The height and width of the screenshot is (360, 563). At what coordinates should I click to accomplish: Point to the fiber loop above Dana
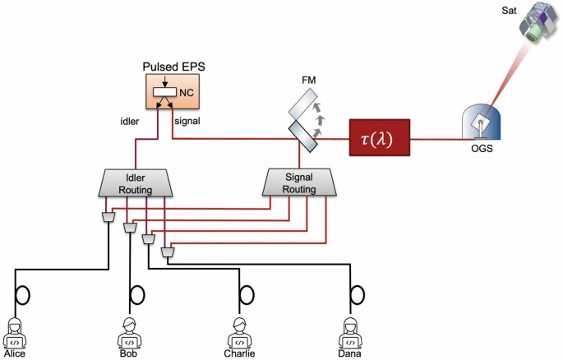pyautogui.click(x=357, y=293)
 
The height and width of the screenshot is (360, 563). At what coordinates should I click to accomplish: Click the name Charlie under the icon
pyautogui.click(x=239, y=354)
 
